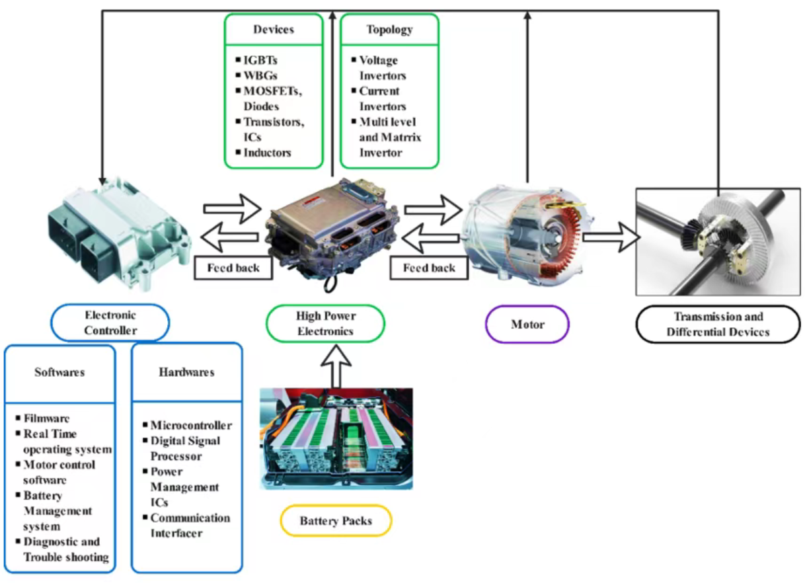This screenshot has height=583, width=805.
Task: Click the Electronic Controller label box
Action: click(x=110, y=323)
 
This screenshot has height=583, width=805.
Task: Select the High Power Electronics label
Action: click(x=325, y=323)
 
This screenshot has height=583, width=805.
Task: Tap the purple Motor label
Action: click(x=527, y=325)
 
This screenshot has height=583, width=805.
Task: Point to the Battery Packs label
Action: click(x=336, y=521)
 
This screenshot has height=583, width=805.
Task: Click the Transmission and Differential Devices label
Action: click(x=718, y=324)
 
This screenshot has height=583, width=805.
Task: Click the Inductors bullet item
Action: click(x=267, y=153)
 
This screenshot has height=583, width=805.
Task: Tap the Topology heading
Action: click(x=389, y=30)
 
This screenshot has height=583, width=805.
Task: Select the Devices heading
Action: click(x=274, y=30)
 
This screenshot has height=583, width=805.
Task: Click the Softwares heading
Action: click(x=59, y=372)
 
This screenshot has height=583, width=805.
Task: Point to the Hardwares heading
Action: click(x=186, y=372)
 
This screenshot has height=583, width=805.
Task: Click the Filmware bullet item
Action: click(x=46, y=418)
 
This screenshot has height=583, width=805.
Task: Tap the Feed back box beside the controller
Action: click(x=233, y=268)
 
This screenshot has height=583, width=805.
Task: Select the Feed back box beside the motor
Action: click(x=430, y=268)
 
